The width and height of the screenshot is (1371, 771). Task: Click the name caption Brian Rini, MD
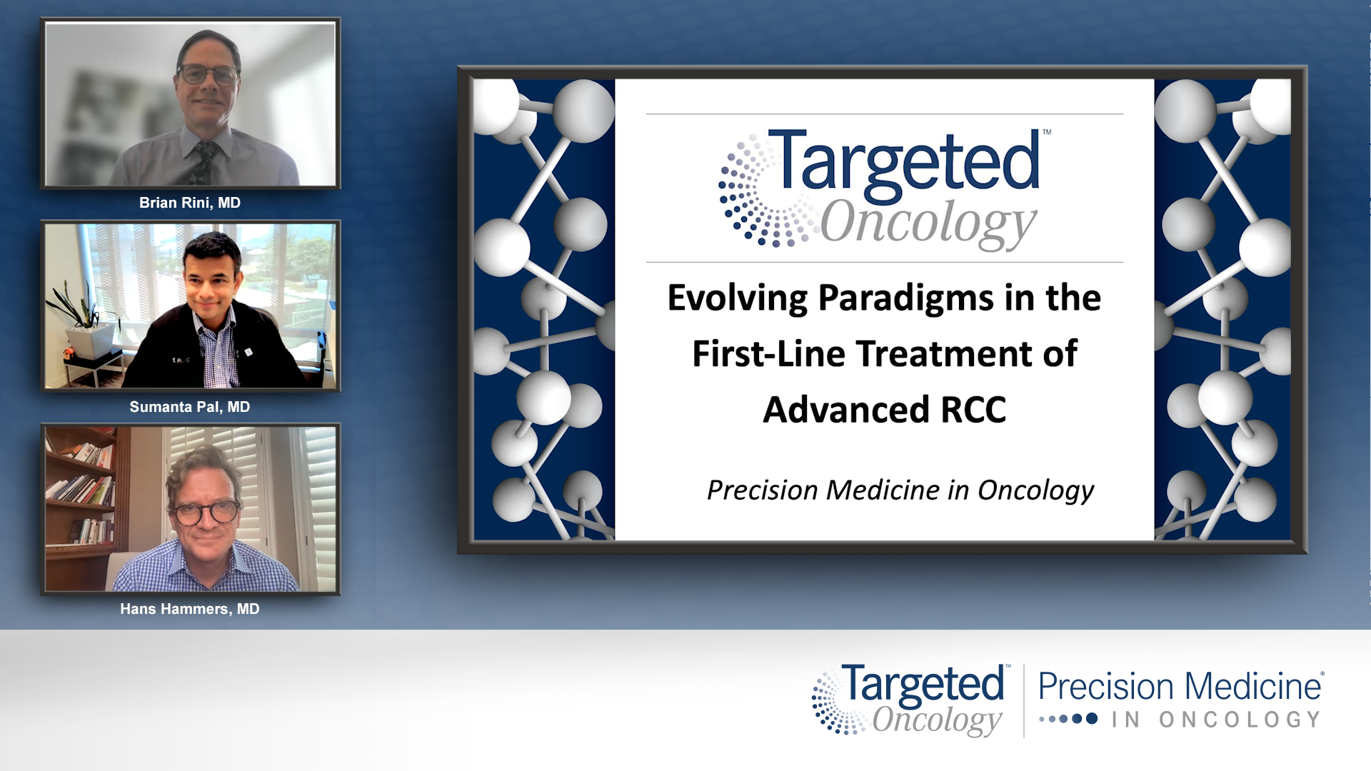189,203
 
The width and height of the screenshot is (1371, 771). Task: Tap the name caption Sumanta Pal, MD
189,407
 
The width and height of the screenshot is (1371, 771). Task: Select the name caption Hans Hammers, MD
189,609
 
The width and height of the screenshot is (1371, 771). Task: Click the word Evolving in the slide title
737,298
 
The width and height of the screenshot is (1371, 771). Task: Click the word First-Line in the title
768,354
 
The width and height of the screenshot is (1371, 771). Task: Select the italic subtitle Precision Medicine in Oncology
900,490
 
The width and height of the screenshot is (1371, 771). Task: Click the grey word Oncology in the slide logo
927,223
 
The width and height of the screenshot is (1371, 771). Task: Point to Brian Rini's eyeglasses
208,74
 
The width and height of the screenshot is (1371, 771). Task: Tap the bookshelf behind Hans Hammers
80,493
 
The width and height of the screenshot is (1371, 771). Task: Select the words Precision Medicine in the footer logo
1180,687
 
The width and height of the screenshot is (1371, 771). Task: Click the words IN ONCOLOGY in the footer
1215,720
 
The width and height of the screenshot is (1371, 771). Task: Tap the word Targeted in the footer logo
923,684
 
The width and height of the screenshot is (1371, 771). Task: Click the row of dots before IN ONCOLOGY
1068,719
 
